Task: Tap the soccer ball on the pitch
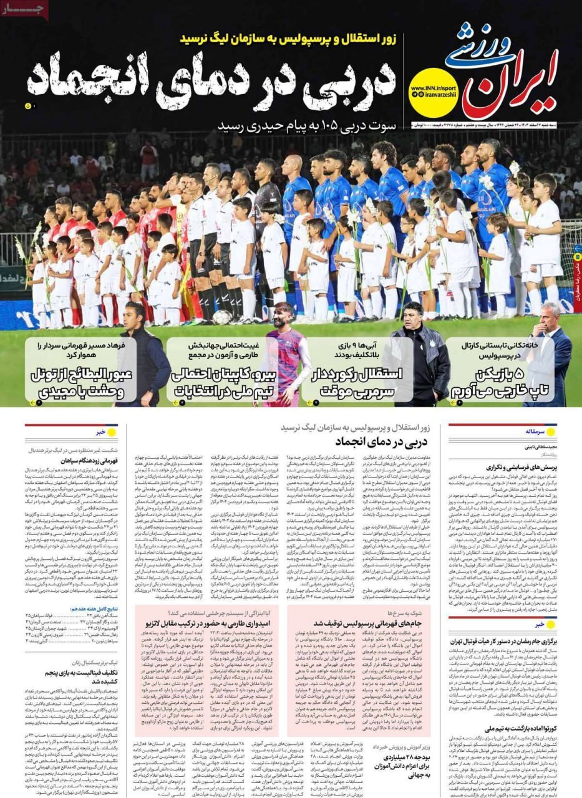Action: tap(221, 317)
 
